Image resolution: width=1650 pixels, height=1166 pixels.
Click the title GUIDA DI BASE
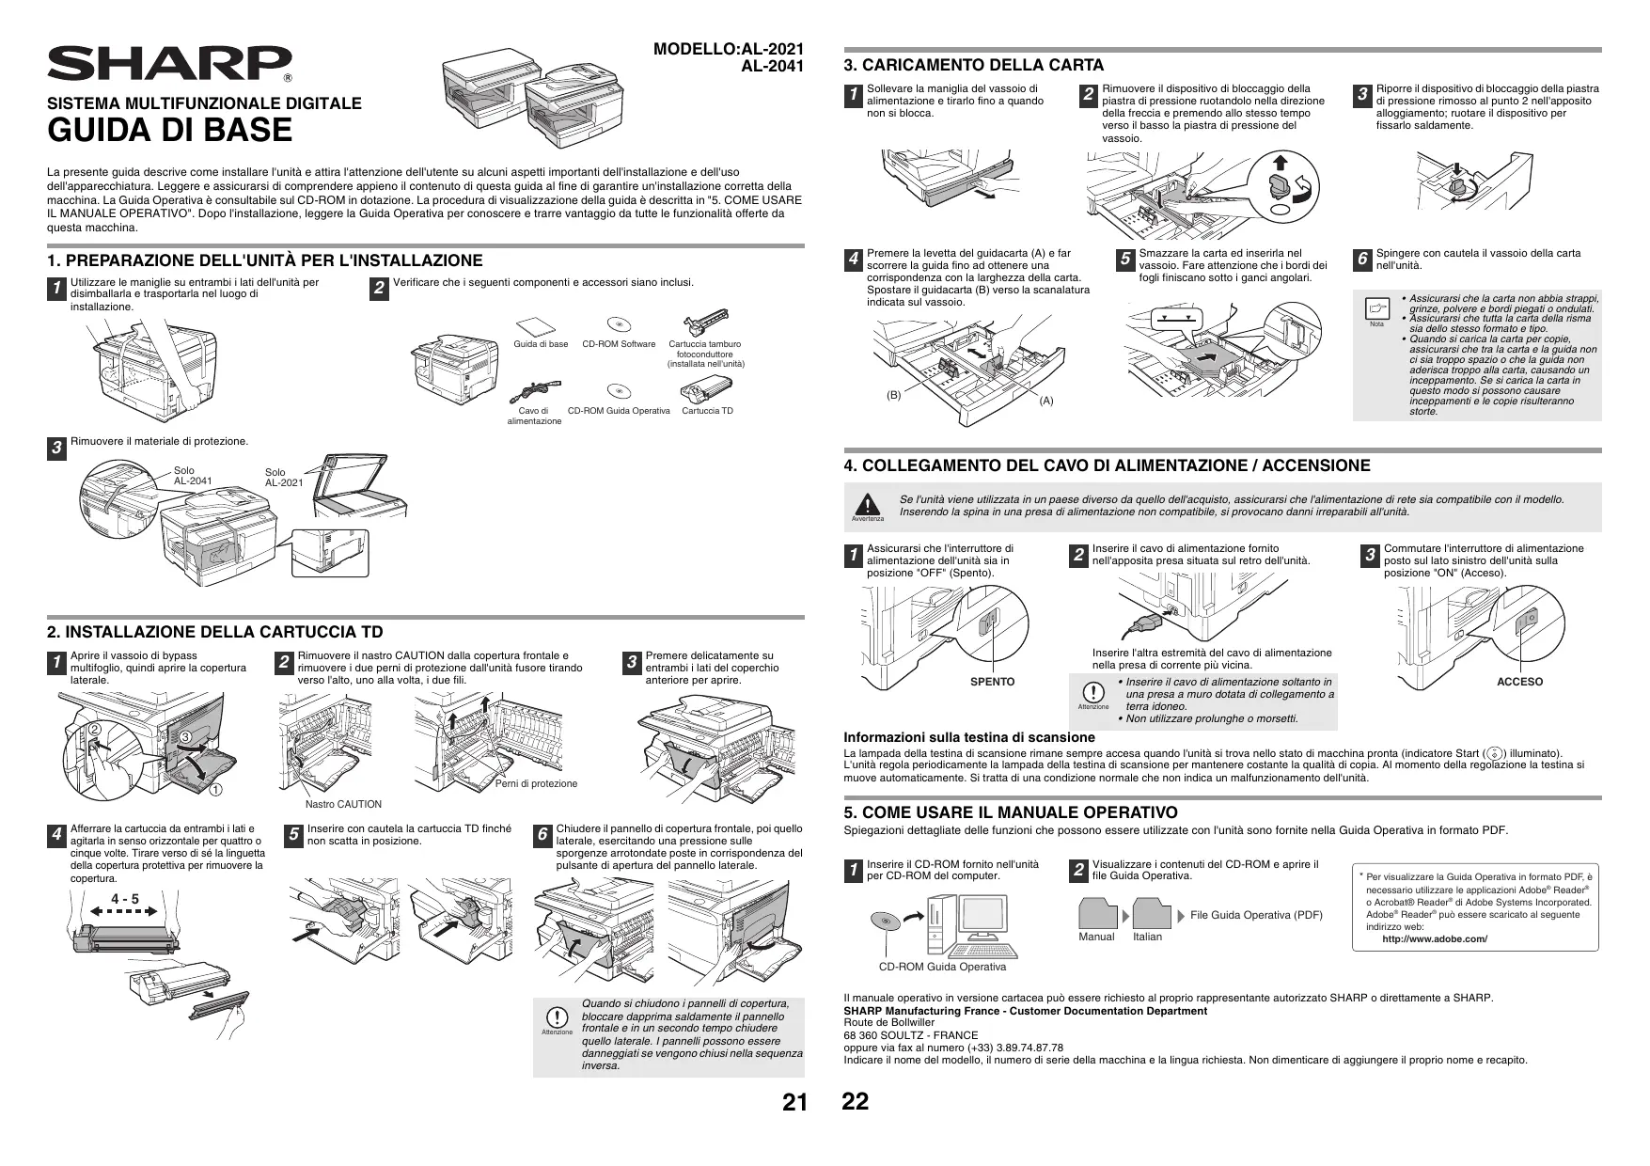coord(170,131)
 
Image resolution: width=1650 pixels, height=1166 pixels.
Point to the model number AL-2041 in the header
coord(773,65)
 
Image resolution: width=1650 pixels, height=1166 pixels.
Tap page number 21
coord(794,1104)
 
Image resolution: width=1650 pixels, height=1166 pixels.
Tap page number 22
coord(856,1102)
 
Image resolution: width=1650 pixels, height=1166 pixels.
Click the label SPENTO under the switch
coord(992,682)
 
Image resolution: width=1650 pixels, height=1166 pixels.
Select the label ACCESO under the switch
coord(1519,682)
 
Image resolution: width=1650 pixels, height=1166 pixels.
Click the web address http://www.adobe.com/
coord(1435,938)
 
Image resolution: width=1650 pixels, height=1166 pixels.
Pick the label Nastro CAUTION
coord(344,804)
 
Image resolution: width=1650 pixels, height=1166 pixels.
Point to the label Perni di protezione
coord(536,783)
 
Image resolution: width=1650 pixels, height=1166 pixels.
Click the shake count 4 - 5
coord(124,900)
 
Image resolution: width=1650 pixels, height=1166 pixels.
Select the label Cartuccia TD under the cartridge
coord(707,411)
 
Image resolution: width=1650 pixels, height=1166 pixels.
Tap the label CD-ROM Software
coord(619,344)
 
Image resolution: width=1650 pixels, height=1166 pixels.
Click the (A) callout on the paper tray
coord(1046,402)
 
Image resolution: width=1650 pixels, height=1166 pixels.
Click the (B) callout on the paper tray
coord(893,395)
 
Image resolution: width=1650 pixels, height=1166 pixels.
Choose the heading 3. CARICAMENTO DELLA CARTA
coord(973,65)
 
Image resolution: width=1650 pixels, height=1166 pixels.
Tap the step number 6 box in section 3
coord(1361,260)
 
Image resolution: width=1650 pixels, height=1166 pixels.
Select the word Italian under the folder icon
coord(1147,937)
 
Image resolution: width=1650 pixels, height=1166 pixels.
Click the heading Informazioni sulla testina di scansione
coord(968,737)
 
